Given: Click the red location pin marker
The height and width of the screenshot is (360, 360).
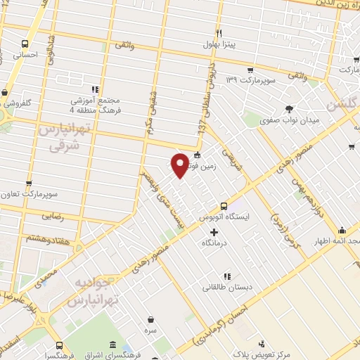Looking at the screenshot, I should coord(180,165).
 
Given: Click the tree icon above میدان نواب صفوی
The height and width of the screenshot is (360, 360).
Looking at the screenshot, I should coord(288,108).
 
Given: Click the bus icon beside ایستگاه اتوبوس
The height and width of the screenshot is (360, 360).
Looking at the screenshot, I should coord(224,206).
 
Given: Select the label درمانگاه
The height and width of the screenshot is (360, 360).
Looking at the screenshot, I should coord(214,241).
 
